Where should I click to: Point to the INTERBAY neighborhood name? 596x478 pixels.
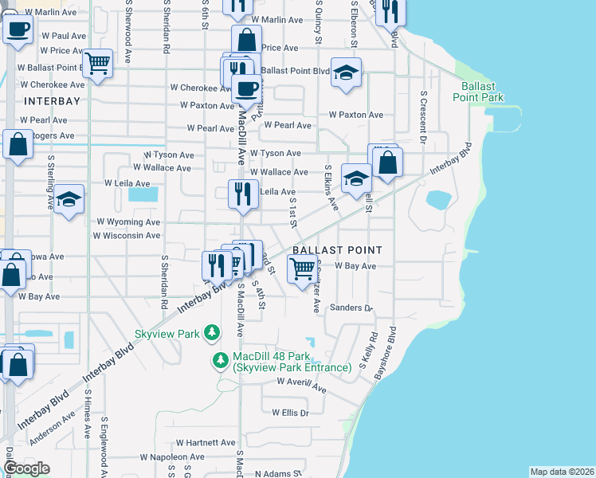click(x=52, y=101)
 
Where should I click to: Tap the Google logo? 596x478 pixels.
click(x=26, y=468)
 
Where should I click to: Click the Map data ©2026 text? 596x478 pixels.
click(x=562, y=472)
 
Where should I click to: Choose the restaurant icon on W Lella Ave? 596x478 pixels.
click(x=243, y=194)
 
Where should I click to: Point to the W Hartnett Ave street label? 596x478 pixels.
click(x=206, y=443)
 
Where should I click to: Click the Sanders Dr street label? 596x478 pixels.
click(x=351, y=308)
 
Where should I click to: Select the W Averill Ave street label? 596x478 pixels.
click(x=302, y=385)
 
